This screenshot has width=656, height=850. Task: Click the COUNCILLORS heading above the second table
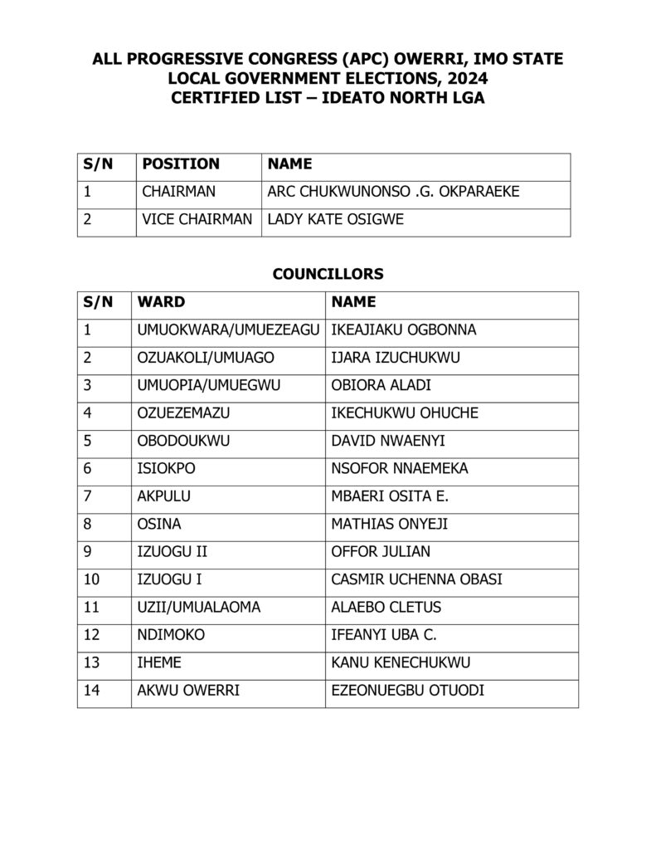pyautogui.click(x=328, y=273)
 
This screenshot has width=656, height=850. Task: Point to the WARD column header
pyautogui.click(x=162, y=301)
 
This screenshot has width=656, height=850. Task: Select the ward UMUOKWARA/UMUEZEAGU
pyautogui.click(x=228, y=330)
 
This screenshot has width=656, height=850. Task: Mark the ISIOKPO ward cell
pyautogui.click(x=166, y=469)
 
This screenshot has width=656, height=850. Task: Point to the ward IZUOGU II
pyautogui.click(x=166, y=552)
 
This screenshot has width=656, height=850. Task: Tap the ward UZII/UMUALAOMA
pyautogui.click(x=198, y=607)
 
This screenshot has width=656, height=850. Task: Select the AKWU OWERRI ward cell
pyautogui.click(x=188, y=690)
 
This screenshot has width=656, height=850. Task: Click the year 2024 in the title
pyautogui.click(x=467, y=79)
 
